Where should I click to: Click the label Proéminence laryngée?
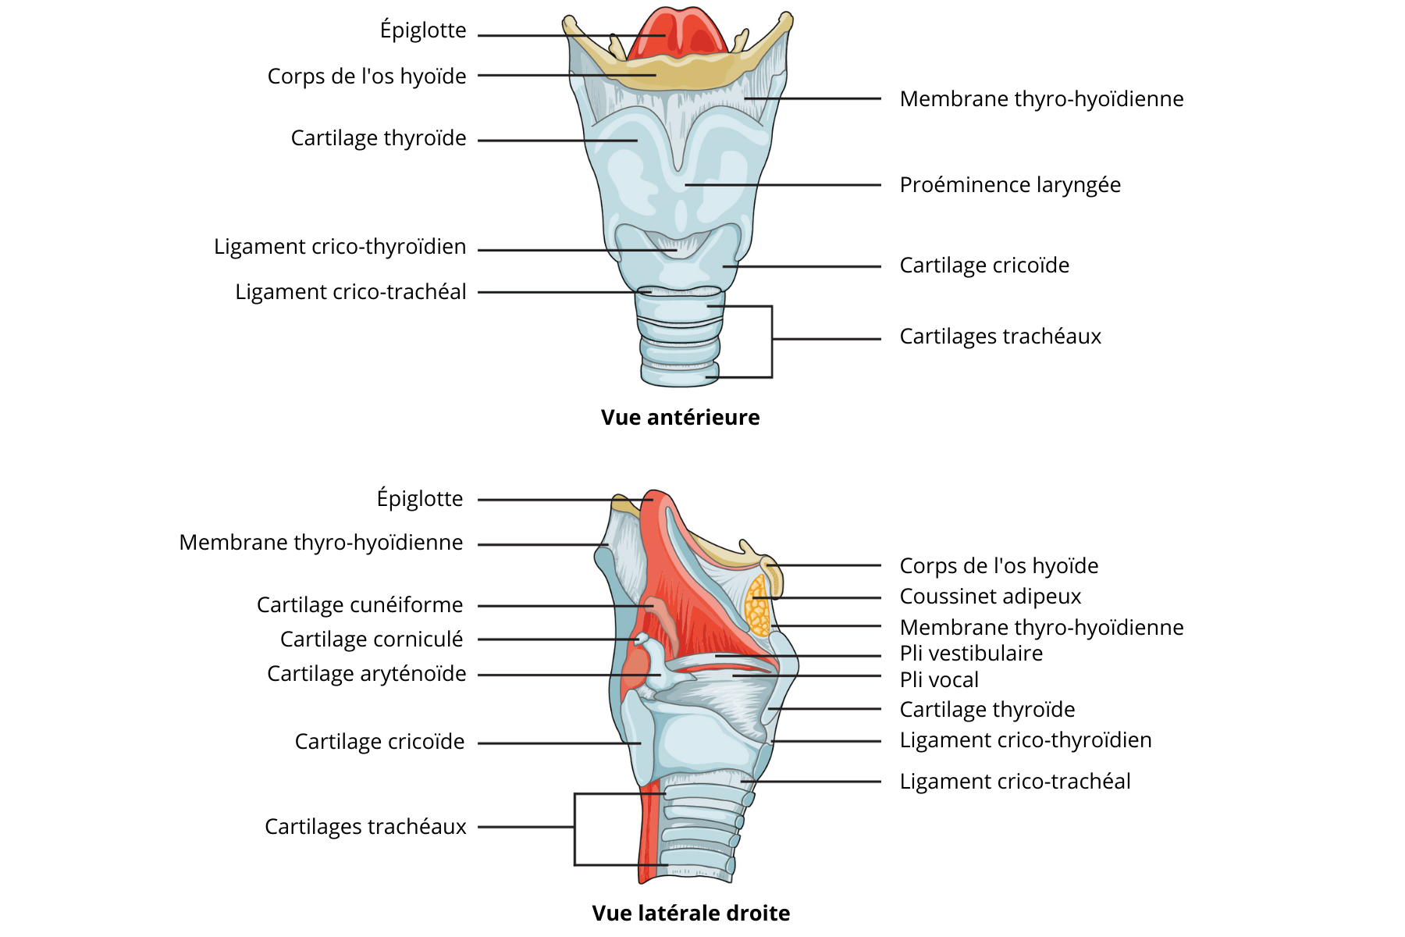[1009, 185]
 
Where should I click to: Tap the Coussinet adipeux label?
[990, 597]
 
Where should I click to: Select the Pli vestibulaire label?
[970, 654]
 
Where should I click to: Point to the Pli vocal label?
[938, 680]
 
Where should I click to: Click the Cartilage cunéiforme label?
[359, 605]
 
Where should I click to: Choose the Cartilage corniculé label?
[371, 640]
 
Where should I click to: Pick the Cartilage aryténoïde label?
[366, 674]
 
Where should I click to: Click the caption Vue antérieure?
[680, 418]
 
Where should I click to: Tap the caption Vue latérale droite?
[691, 913]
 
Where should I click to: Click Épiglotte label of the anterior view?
[422, 30]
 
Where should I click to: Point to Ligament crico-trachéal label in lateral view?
[1015, 782]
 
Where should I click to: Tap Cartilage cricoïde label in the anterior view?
[983, 265]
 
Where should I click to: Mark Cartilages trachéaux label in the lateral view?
[365, 827]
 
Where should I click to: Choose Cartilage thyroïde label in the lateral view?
[987, 710]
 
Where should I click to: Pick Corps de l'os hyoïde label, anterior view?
[366, 77]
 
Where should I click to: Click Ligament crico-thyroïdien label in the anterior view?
[340, 247]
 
